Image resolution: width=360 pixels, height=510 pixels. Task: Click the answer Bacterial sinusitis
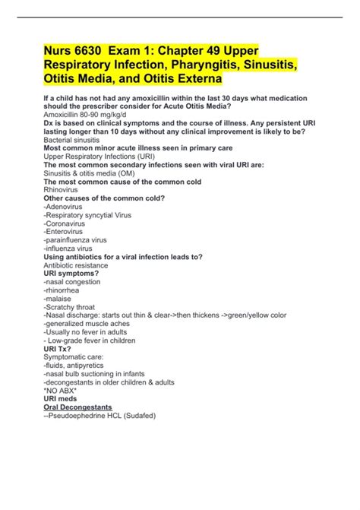[x=72, y=140]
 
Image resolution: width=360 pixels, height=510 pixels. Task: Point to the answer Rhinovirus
[x=62, y=191]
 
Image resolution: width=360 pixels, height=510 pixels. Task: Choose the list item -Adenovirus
[x=64, y=207]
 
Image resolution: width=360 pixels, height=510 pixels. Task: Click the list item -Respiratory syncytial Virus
[x=87, y=215]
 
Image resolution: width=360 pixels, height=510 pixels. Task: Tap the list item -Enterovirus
[x=65, y=232]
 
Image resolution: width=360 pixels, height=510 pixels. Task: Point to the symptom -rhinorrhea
[x=63, y=290]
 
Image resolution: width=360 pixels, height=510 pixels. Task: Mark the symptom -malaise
[x=58, y=298]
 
